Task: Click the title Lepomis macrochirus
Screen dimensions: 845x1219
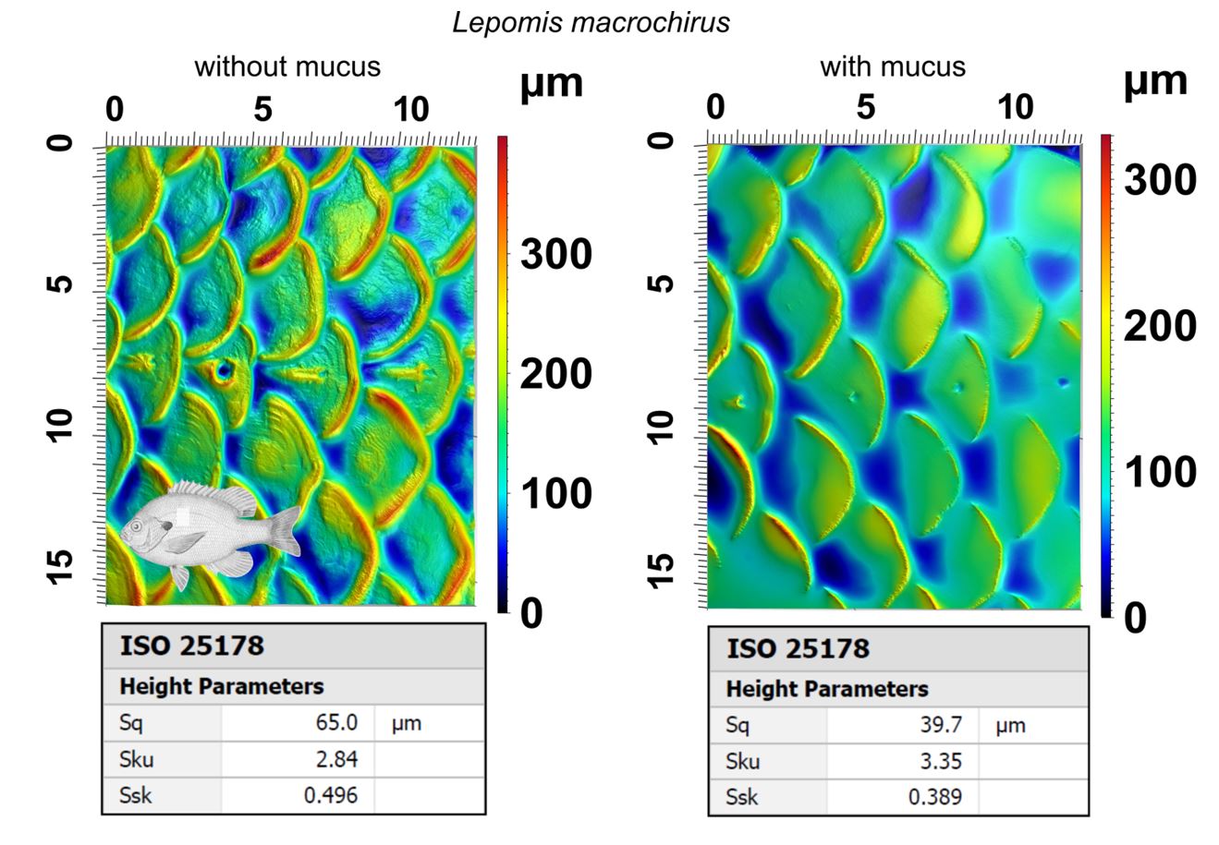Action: point(591,22)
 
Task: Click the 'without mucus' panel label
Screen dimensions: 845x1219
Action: point(286,66)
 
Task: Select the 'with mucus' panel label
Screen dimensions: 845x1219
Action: point(892,66)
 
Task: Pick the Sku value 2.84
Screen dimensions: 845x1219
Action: point(337,759)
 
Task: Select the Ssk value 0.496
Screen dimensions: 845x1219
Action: point(331,795)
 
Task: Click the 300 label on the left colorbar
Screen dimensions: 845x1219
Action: point(555,253)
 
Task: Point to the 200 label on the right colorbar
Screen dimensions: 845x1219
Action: point(1160,325)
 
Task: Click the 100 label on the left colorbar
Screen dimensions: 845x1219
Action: point(555,493)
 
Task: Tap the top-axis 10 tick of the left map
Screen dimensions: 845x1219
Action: point(411,110)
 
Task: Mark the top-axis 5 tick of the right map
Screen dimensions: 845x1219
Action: point(865,107)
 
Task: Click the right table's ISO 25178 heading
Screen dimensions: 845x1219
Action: point(798,648)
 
